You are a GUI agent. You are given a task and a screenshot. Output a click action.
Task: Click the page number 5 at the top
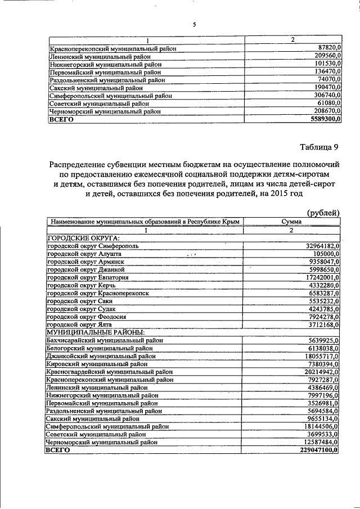[194, 25]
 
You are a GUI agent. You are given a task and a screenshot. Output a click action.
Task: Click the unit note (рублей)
[323, 212]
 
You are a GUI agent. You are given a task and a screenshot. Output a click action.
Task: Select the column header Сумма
[291, 222]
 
